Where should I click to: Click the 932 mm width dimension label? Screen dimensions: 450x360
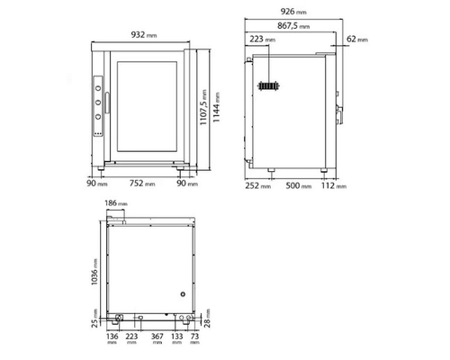[x=144, y=35]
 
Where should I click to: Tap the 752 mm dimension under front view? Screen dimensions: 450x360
[x=142, y=183]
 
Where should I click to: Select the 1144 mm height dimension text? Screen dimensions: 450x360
[x=216, y=107]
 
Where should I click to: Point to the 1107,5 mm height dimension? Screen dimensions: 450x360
[x=203, y=107]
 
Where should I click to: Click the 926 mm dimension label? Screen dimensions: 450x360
[x=293, y=12]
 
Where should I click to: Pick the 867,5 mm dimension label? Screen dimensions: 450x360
[x=293, y=26]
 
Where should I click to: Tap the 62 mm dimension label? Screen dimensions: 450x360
[x=357, y=39]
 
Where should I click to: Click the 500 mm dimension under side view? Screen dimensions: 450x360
[x=299, y=185]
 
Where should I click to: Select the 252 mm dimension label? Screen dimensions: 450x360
[x=258, y=185]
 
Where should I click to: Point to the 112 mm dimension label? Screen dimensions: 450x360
[x=334, y=185]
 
